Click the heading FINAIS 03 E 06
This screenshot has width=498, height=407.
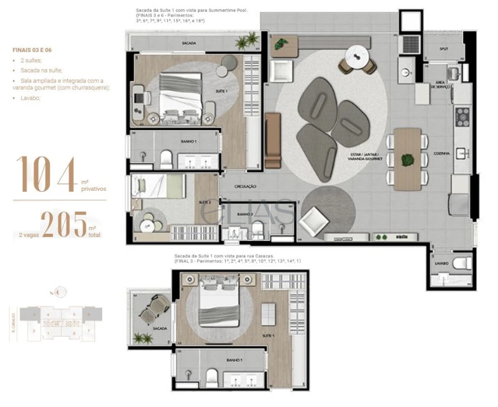32,50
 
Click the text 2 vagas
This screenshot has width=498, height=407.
26,235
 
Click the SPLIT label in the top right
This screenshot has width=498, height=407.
444,49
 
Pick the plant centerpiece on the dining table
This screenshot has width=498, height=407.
408,159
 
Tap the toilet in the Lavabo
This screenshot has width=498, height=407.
461,263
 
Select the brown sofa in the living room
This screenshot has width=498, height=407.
272,141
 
